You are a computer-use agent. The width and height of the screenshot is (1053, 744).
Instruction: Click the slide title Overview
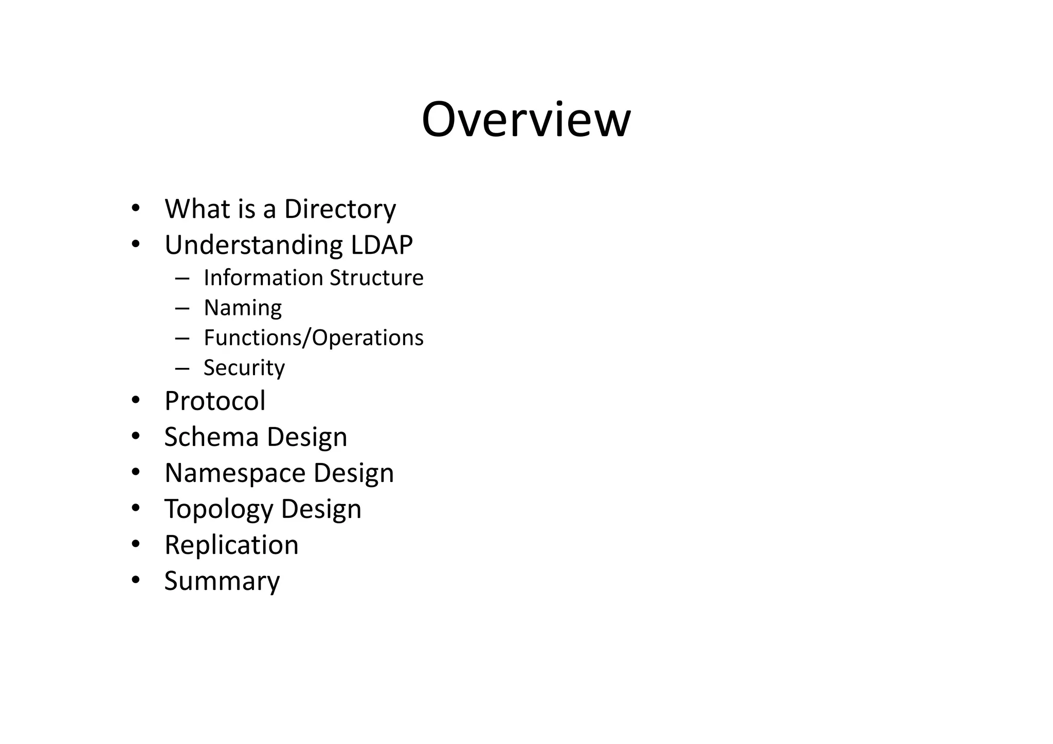coord(526,120)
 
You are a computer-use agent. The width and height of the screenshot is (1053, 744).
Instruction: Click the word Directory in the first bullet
coord(340,209)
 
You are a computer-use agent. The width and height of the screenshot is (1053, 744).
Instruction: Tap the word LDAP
coord(382,245)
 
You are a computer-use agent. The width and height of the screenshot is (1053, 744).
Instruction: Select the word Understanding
coord(253,246)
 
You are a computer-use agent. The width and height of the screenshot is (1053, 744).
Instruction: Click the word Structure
coord(376,277)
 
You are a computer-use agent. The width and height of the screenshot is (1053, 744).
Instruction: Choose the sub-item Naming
coord(243,308)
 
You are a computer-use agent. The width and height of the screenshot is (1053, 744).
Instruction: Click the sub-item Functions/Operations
coord(314,338)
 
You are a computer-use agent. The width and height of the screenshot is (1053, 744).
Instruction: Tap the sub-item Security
coord(244,368)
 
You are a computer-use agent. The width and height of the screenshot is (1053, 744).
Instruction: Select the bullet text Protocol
coord(215,401)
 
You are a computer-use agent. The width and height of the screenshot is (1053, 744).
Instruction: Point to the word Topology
coord(219,509)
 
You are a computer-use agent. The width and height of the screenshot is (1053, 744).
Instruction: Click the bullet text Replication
coord(231,545)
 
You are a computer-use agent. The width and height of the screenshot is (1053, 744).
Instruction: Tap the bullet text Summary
coord(222,581)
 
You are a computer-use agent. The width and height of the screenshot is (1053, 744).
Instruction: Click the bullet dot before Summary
coord(135,580)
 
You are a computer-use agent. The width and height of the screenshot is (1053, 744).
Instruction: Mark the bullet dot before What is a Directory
coord(135,208)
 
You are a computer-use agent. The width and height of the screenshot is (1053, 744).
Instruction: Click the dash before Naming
coord(182,308)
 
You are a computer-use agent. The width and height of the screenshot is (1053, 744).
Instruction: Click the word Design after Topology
coord(321,509)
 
